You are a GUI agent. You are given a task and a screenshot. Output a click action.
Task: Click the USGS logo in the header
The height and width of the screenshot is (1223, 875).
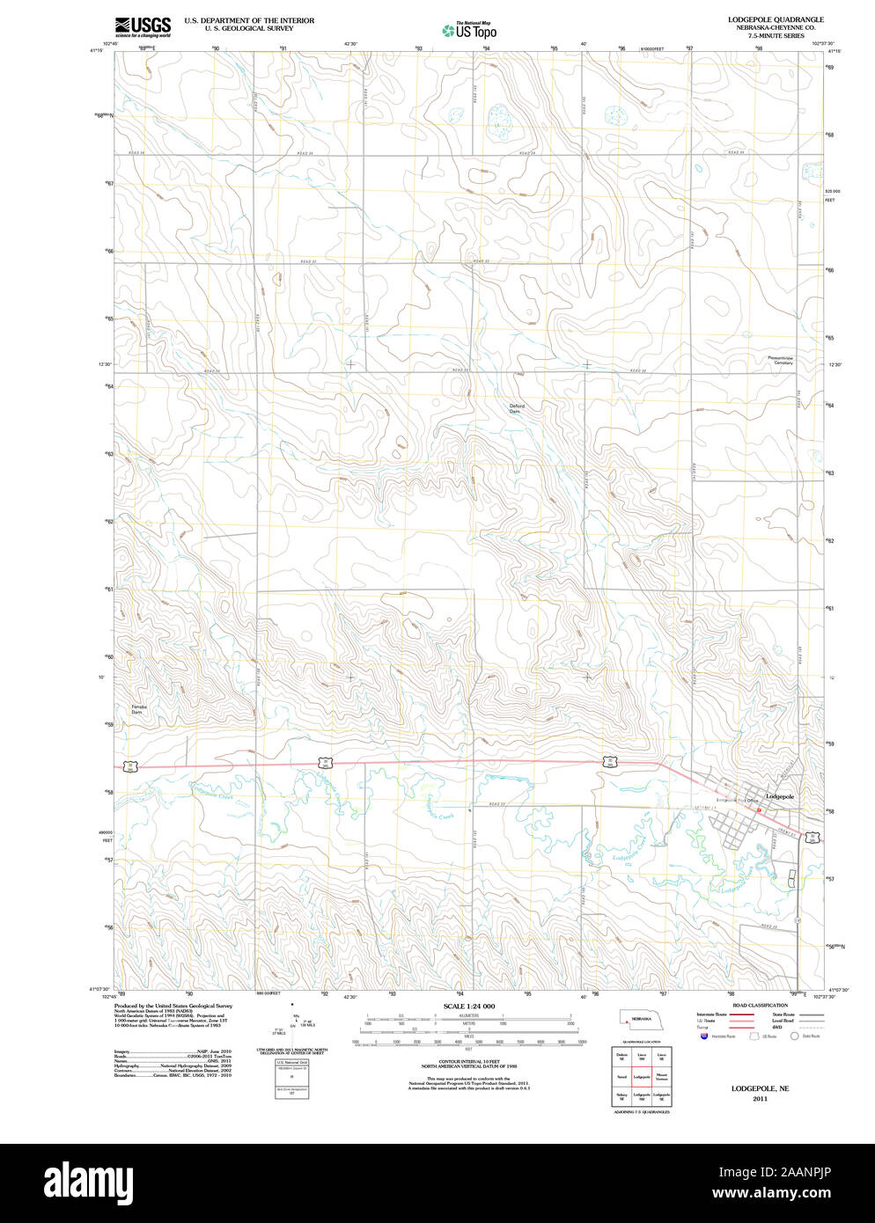pyautogui.click(x=143, y=26)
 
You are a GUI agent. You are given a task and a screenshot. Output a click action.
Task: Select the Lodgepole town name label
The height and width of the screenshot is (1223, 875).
pyautogui.click(x=779, y=796)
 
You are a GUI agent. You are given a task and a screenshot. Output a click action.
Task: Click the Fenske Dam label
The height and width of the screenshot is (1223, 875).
pyautogui.click(x=139, y=709)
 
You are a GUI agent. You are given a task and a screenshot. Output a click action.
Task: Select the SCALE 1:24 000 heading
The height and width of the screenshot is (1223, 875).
pyautogui.click(x=468, y=1006)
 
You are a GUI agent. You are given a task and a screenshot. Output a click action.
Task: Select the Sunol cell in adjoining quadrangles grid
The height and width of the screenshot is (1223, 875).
pyautogui.click(x=621, y=1076)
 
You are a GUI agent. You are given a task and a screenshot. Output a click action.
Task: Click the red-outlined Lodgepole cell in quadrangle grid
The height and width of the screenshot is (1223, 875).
pyautogui.click(x=642, y=1076)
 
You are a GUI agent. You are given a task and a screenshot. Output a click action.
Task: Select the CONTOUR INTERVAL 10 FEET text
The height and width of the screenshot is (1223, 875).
pyautogui.click(x=468, y=1062)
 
